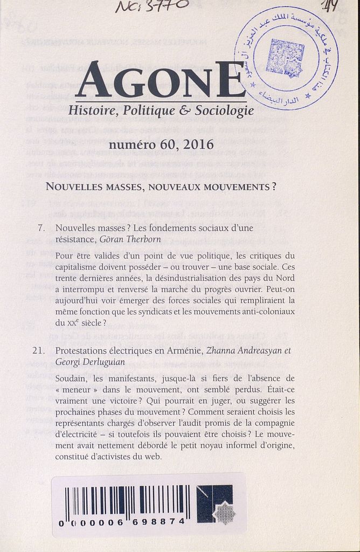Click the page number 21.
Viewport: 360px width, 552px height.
(38, 351)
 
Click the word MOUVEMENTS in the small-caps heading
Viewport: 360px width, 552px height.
(237, 187)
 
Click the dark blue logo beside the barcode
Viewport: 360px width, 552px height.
(214, 504)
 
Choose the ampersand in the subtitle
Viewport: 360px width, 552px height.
(184, 111)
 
